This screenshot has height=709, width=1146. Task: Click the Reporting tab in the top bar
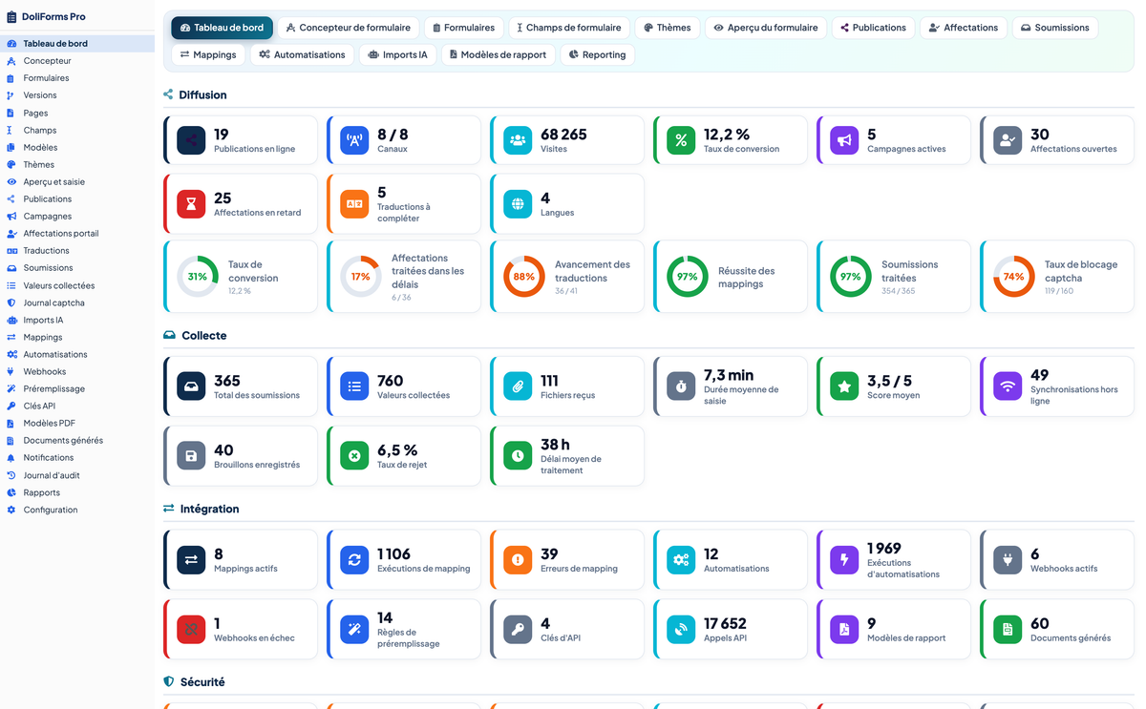597,54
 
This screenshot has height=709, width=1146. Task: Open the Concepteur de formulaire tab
349,28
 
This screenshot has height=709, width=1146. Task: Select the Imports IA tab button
397,54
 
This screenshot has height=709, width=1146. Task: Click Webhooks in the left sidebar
45,371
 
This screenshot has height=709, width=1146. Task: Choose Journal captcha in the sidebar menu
53,302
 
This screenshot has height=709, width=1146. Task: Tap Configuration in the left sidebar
50,510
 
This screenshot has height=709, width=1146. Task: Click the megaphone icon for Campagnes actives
844,140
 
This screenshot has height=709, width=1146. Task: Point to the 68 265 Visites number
563,135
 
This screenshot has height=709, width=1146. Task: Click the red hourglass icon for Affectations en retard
191,204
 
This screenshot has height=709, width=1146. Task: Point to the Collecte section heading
203,335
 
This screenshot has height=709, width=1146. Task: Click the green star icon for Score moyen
844,386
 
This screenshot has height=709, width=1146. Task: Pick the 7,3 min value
729,375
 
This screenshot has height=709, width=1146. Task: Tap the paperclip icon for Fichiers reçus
518,386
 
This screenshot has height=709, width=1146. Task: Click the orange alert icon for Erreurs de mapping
518,560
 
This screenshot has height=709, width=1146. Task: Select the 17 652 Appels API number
725,624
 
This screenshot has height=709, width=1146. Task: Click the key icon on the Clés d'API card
518,629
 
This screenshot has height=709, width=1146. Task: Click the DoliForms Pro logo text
53,16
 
